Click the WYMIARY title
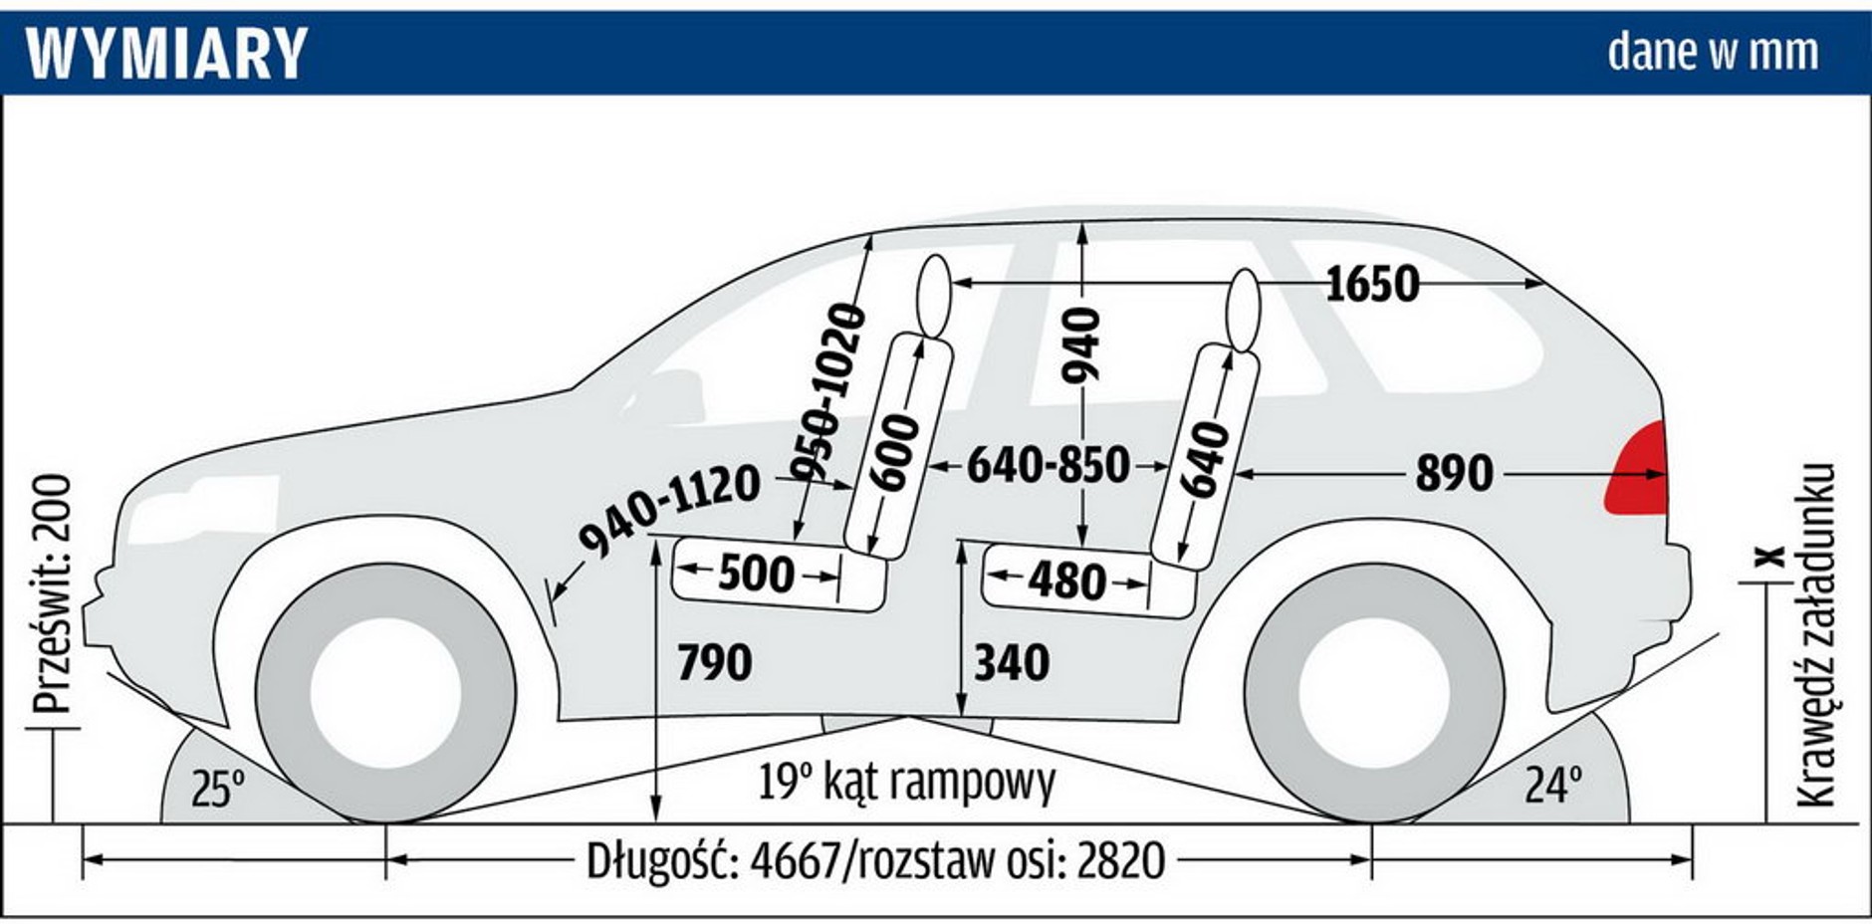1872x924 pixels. (x=166, y=53)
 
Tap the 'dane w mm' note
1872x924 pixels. (x=1713, y=52)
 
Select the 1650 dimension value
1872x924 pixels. (x=1371, y=285)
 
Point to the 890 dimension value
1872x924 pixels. (x=1454, y=474)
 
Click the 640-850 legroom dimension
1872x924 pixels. (x=1049, y=465)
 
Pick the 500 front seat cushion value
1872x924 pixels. (x=757, y=574)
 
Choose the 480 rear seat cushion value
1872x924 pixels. (x=1066, y=580)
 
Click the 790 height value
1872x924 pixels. (x=714, y=663)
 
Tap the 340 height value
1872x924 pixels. (x=1012, y=663)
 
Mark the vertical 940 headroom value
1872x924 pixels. (x=1081, y=345)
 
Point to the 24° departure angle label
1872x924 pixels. (x=1552, y=786)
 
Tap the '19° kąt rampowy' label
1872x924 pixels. (x=906, y=782)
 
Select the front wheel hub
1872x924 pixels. (x=385, y=693)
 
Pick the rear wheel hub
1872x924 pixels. (x=1373, y=693)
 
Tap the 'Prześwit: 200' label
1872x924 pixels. (x=52, y=593)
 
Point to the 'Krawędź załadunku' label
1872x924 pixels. (x=1815, y=634)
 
